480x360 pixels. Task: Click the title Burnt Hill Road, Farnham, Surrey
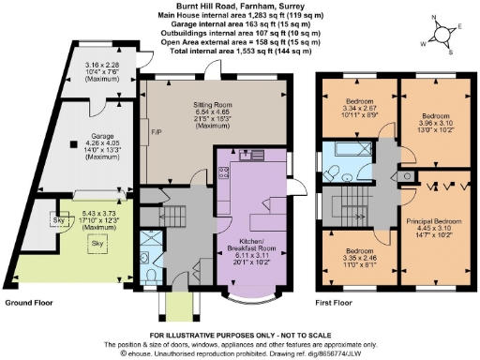[240, 6]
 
